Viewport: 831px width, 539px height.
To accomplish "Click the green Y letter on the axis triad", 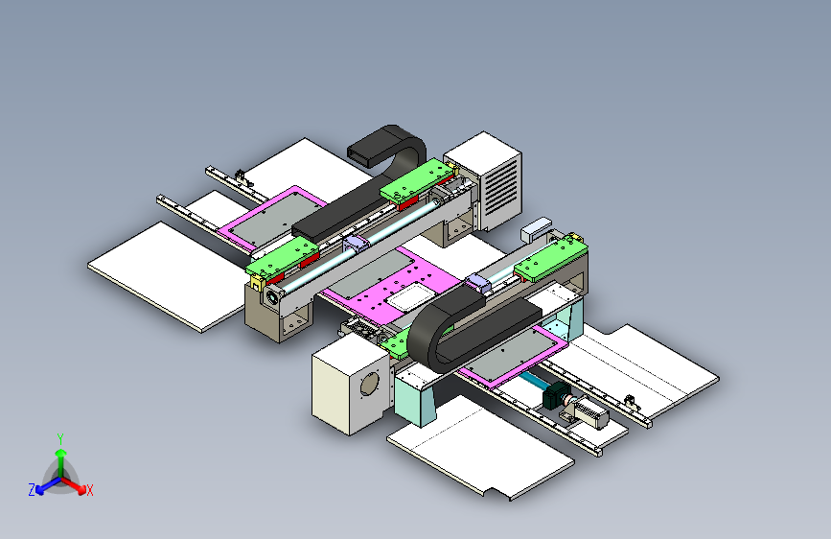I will point(60,438).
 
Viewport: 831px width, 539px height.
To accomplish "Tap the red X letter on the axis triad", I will point(90,491).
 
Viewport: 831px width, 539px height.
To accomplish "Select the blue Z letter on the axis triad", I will point(31,490).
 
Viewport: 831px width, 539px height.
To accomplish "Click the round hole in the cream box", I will point(367,383).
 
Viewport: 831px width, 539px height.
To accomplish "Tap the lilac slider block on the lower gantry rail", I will point(476,281).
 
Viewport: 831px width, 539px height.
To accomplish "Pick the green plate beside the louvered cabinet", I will point(418,181).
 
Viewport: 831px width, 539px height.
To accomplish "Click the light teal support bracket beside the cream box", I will point(413,395).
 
